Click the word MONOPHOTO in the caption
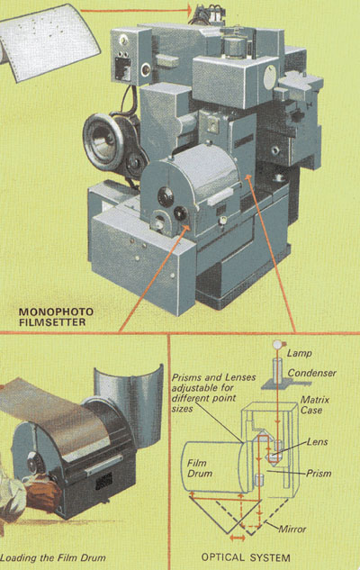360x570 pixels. [56, 312]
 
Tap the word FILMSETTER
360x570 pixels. [52, 322]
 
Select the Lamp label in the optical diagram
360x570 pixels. [300, 353]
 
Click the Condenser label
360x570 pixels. [312, 373]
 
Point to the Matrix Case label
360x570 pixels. [315, 405]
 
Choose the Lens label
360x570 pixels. [317, 441]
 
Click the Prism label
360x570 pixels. [319, 474]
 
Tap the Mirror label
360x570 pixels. [292, 529]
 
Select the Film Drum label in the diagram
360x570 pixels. [200, 468]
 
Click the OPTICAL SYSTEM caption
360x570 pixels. [246, 557]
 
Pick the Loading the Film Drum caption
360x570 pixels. [53, 557]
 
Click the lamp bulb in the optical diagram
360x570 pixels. [278, 344]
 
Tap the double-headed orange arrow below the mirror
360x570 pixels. [238, 538]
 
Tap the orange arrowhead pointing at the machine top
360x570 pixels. [188, 10]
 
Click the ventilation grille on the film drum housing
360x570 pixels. [103, 481]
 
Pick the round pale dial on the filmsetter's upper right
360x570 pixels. [270, 77]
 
